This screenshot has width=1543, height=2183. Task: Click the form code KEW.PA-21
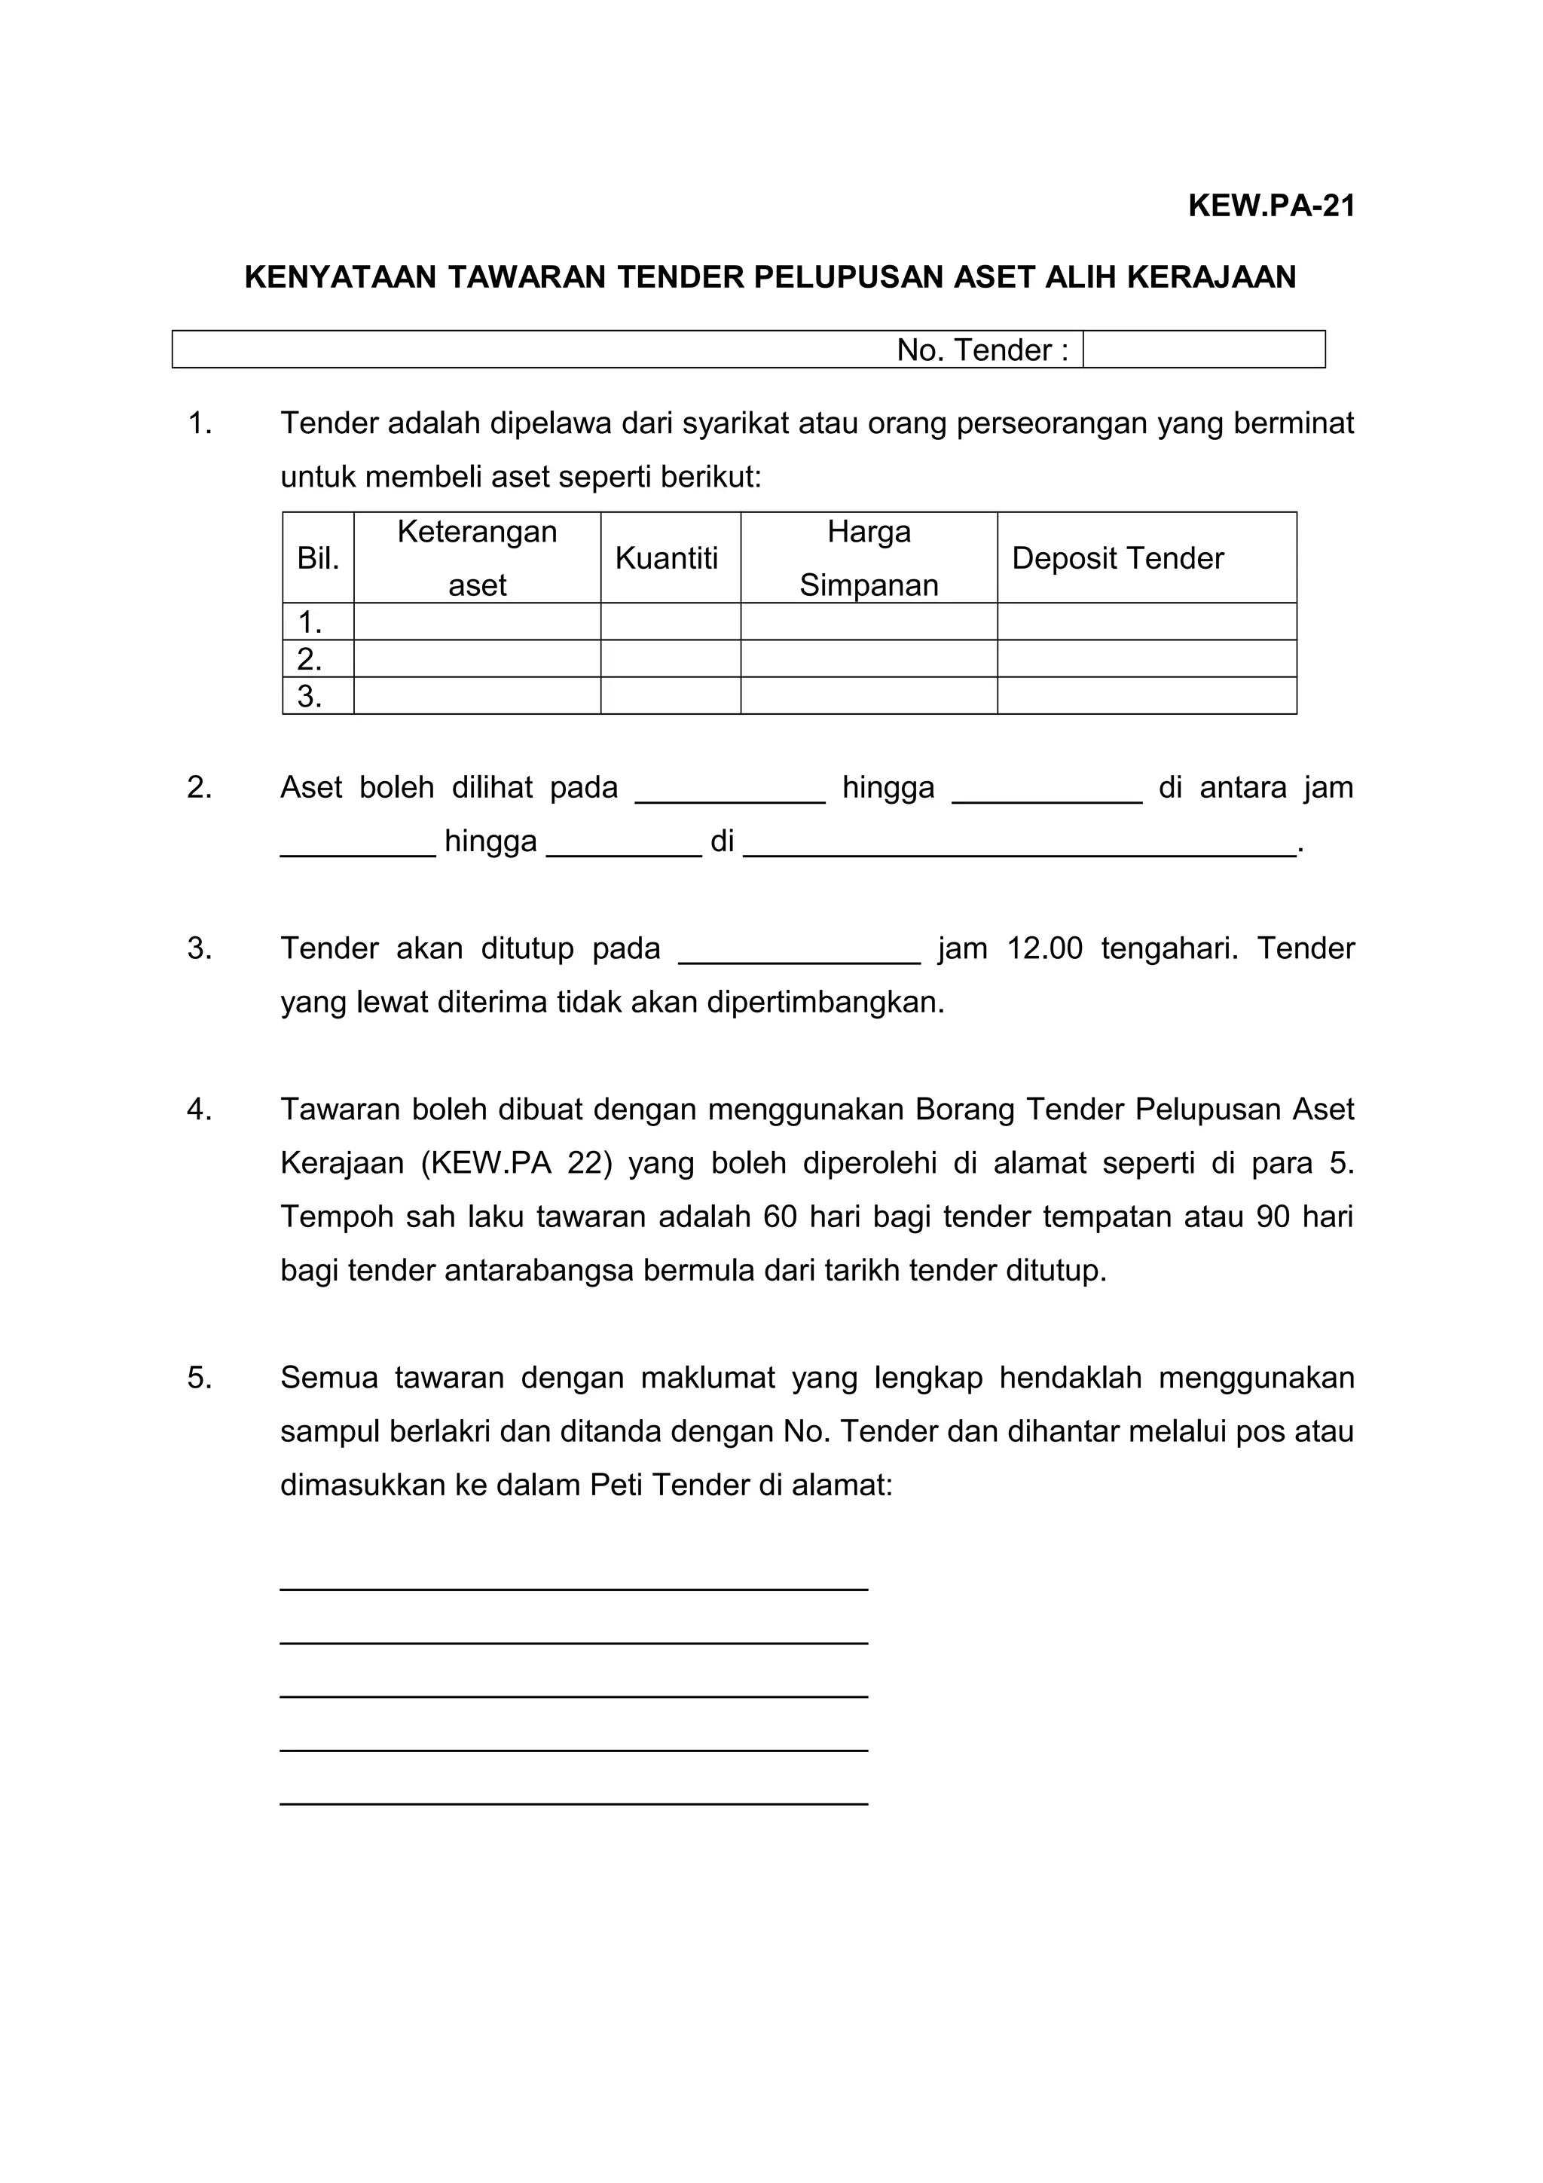pos(1270,206)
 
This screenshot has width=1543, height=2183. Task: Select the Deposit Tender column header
pos(1117,558)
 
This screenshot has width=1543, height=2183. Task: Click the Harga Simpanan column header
pos(868,558)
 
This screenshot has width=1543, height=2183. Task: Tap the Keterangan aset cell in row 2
pos(476,658)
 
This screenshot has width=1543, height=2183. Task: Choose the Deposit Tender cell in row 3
pos(1146,695)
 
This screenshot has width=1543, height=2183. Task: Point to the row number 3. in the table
pos(309,696)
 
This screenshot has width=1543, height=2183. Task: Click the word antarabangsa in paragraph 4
pos(538,1270)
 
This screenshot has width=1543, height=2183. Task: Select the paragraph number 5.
pos(200,1378)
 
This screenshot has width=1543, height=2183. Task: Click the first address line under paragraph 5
pos(573,1588)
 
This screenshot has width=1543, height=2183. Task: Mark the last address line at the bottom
pos(573,1802)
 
